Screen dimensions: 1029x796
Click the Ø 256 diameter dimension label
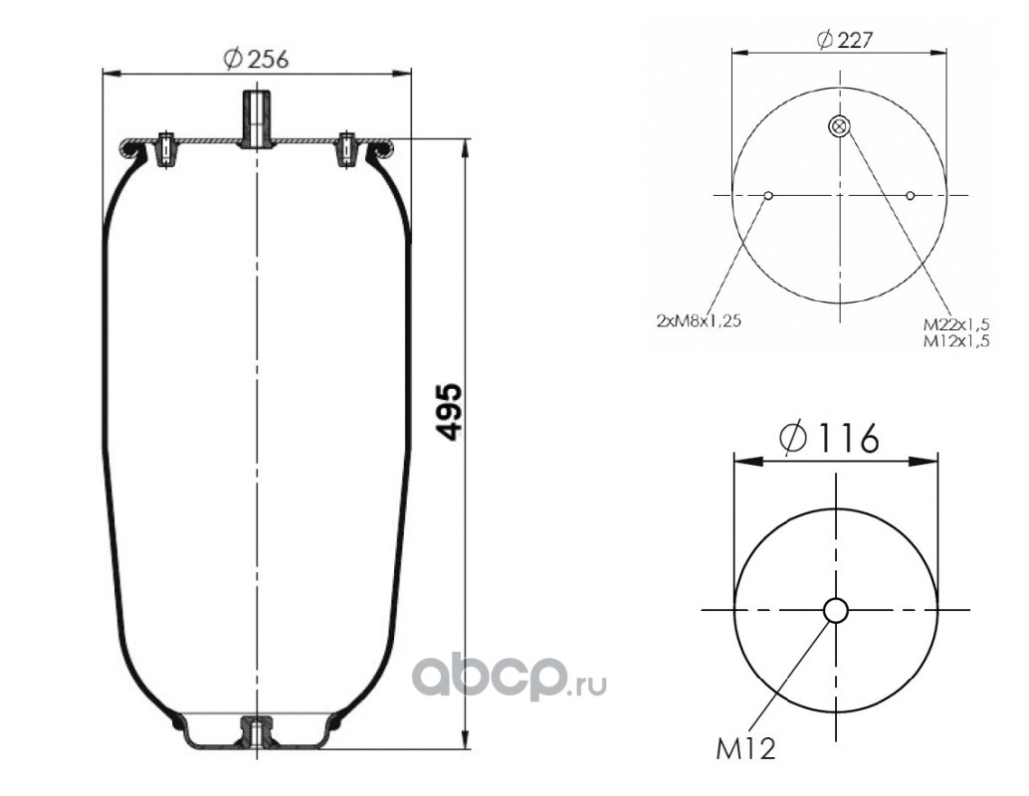[256, 59]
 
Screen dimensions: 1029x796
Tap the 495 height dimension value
[451, 413]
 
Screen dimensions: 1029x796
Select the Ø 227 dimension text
[845, 40]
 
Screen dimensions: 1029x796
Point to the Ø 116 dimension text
[830, 438]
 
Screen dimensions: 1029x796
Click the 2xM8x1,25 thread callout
[699, 321]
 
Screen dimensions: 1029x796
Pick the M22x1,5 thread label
[956, 324]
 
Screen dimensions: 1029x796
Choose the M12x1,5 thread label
[956, 340]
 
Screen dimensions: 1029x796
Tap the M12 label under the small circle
[745, 749]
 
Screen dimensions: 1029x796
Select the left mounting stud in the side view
[166, 149]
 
